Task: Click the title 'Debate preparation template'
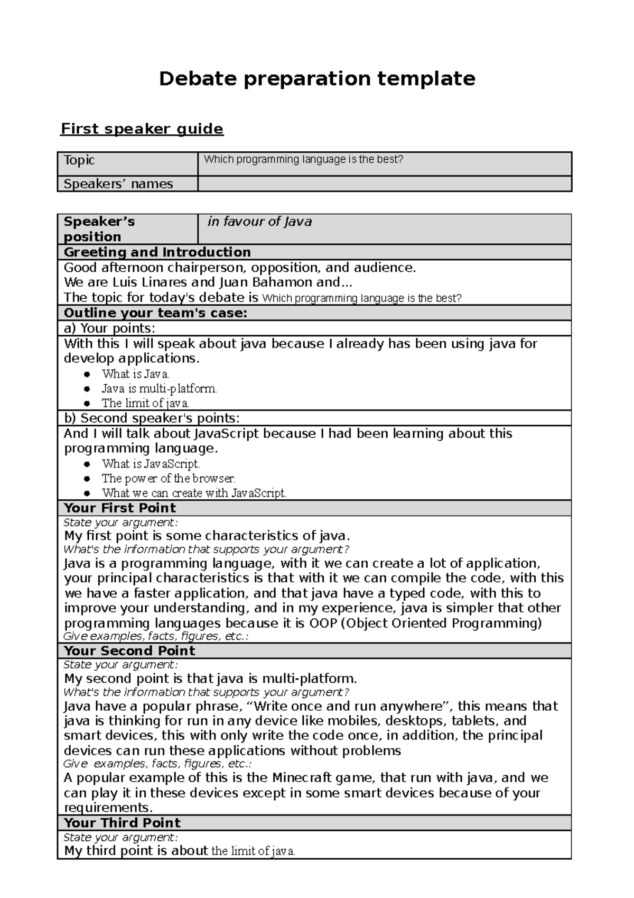317,79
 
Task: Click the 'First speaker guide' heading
142,129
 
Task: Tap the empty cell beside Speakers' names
384,184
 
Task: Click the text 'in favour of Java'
259,222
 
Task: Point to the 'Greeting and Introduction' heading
157,252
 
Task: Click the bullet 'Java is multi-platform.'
159,389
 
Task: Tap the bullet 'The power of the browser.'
169,479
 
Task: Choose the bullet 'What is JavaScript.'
151,464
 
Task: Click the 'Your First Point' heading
120,508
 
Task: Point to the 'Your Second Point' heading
129,651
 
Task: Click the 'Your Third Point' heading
122,823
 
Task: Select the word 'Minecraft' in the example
302,778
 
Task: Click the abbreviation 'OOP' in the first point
323,623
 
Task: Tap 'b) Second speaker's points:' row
152,418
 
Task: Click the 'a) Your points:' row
109,328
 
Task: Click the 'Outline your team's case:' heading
155,313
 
